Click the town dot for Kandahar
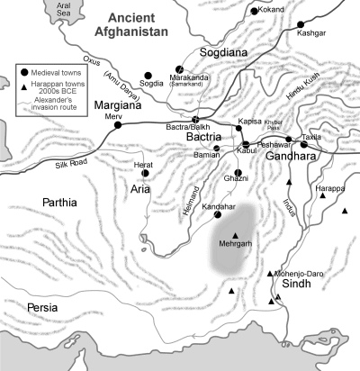(x=217, y=215)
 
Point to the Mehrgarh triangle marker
(x=236, y=235)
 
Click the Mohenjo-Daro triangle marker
(x=271, y=273)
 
